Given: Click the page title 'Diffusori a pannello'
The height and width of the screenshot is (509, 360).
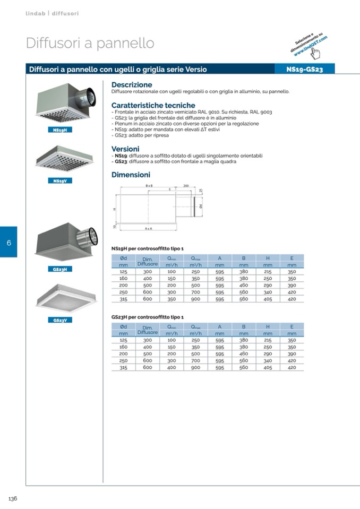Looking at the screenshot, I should [x=90, y=44].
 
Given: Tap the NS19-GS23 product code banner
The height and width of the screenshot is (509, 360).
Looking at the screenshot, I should [x=304, y=69].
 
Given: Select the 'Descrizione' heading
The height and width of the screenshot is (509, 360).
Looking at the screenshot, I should [x=132, y=85].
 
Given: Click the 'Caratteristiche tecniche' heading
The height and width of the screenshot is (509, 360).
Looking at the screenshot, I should [x=153, y=106].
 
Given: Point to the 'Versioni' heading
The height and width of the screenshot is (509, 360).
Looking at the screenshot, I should [x=125, y=149].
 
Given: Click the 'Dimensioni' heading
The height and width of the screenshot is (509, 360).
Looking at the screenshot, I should [x=131, y=175].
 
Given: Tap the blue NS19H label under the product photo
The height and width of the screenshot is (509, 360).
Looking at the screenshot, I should [x=59, y=131].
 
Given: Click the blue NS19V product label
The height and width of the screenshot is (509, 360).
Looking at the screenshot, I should [x=59, y=180].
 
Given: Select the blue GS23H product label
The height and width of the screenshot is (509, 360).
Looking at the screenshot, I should [x=59, y=269].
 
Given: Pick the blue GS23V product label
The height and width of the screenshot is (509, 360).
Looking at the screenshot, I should [x=59, y=320].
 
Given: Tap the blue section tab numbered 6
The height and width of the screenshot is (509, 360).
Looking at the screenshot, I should [x=8, y=243].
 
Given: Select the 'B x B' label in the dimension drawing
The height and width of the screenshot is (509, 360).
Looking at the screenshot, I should [x=149, y=186].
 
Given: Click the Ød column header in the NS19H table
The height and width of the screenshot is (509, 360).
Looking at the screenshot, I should [x=123, y=258].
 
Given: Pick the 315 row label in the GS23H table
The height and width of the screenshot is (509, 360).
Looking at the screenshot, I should [x=123, y=367].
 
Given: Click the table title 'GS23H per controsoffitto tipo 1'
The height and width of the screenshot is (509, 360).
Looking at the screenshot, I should [x=147, y=317].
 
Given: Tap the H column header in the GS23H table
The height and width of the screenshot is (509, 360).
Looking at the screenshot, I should [x=268, y=326].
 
